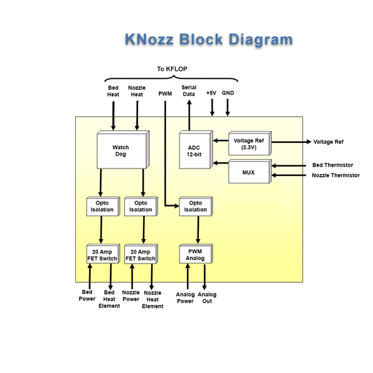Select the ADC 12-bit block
coord(194,150)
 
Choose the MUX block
coord(249,171)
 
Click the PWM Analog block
coord(195,254)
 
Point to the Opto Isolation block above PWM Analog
coord(195,206)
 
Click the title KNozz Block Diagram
coord(208,40)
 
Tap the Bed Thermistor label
coord(333,165)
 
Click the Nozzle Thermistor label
coord(336,175)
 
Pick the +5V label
coord(211,93)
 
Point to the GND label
coord(228,93)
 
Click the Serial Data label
coord(189,91)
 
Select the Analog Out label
coord(208,298)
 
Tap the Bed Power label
coord(88,295)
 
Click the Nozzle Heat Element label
coord(152,299)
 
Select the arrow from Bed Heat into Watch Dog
coord(113,116)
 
